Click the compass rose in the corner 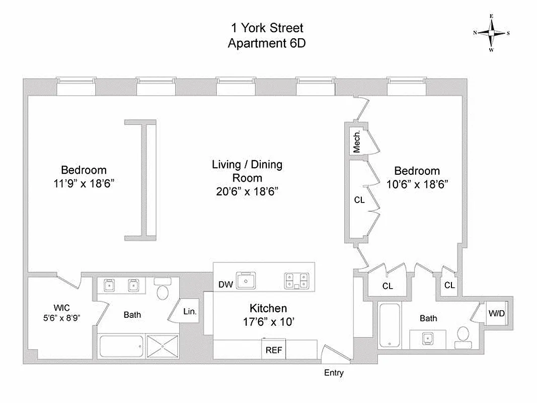(491, 33)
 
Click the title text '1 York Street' (267, 28)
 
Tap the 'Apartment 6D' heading (267, 43)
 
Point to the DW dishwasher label (225, 285)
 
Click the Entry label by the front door (334, 373)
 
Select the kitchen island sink (247, 280)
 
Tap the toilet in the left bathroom (162, 290)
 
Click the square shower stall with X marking (162, 347)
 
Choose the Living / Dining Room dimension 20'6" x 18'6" (247, 191)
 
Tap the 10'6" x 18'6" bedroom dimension (417, 184)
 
